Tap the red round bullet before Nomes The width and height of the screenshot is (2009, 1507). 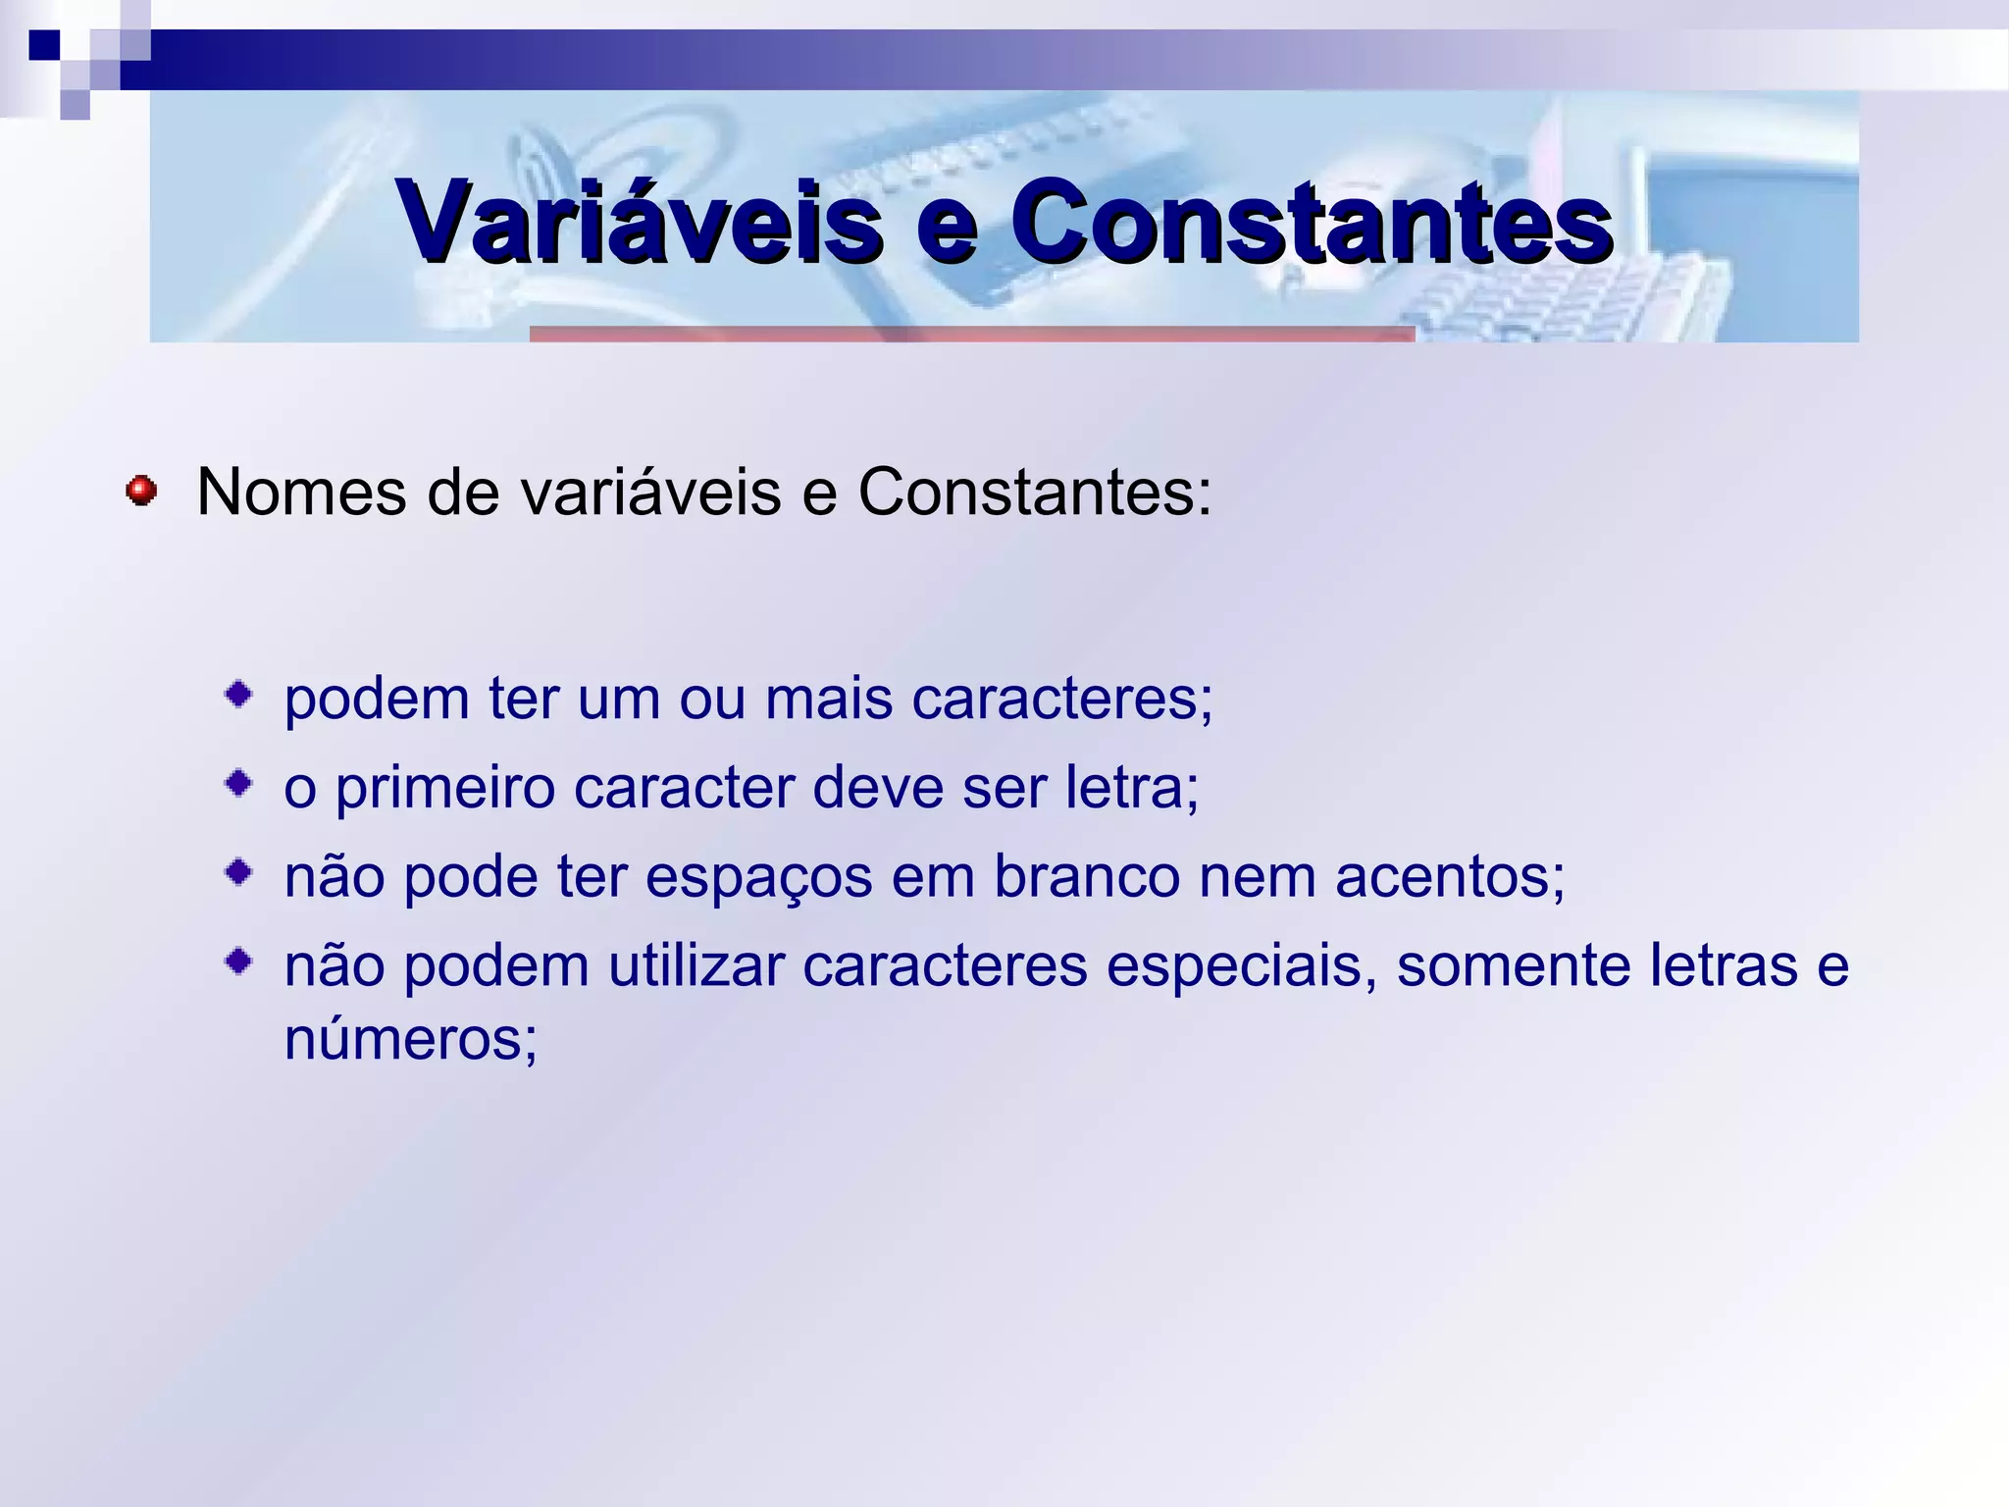[141, 490]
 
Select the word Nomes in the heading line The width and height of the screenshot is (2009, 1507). [300, 492]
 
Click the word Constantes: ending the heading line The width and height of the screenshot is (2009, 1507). [1035, 492]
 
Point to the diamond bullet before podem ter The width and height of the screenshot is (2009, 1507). [238, 696]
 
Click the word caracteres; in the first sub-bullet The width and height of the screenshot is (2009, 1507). [1062, 699]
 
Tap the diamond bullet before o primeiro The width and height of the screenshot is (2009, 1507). [238, 783]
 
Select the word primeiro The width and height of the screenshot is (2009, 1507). [444, 789]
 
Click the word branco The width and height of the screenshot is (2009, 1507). [1086, 876]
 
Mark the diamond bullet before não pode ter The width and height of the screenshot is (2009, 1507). [238, 871]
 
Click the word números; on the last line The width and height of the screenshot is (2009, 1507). [411, 1038]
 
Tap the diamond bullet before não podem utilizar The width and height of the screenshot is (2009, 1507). [238, 961]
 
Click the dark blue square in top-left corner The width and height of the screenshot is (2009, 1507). [44, 45]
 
